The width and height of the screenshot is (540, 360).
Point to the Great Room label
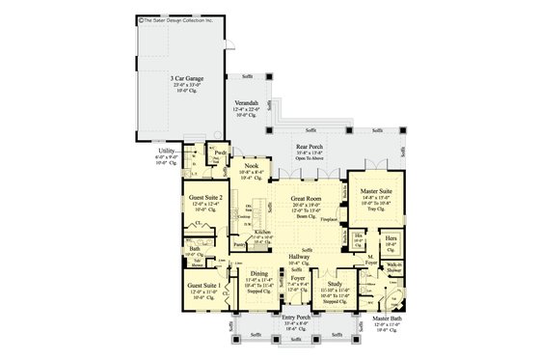point(307,197)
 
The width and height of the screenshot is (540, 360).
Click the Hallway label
point(299,257)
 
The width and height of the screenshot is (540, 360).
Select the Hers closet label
point(391,236)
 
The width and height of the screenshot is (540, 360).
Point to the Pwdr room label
point(220,152)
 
